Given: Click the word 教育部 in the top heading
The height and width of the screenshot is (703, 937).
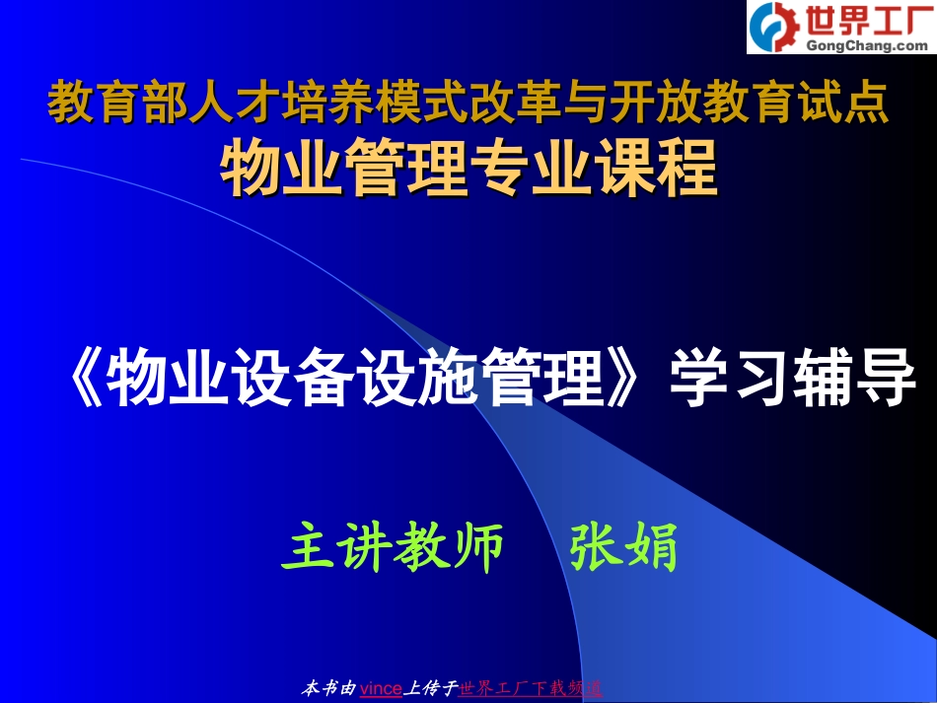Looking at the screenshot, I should click(110, 104).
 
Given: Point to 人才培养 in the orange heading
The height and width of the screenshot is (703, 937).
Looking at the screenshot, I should click(254, 104).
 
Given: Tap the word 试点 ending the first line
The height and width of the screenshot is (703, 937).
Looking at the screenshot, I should click(851, 104).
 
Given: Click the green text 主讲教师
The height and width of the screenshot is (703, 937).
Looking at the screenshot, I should click(393, 549).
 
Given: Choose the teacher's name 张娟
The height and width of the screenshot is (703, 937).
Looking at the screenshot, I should click(624, 549).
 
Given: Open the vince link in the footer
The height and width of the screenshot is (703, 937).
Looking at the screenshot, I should click(381, 688).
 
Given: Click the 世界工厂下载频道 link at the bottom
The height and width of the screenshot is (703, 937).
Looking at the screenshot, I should click(531, 688).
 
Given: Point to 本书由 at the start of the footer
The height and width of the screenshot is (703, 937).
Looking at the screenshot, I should click(327, 688).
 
